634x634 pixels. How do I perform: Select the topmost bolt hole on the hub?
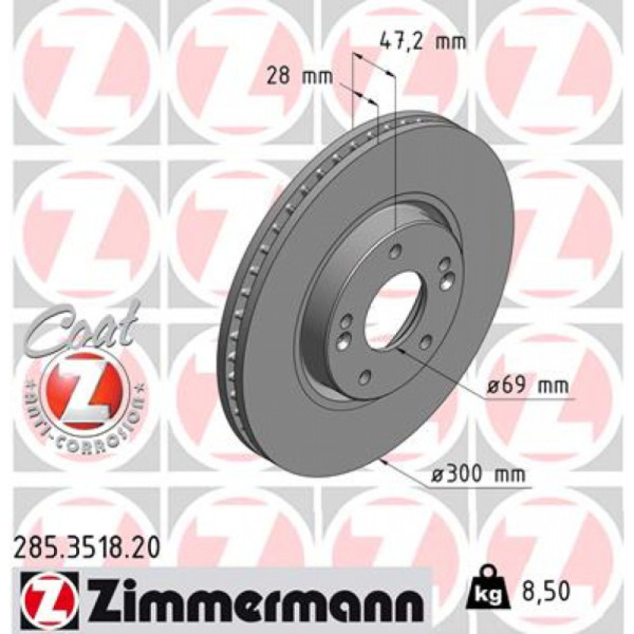pos(394,252)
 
